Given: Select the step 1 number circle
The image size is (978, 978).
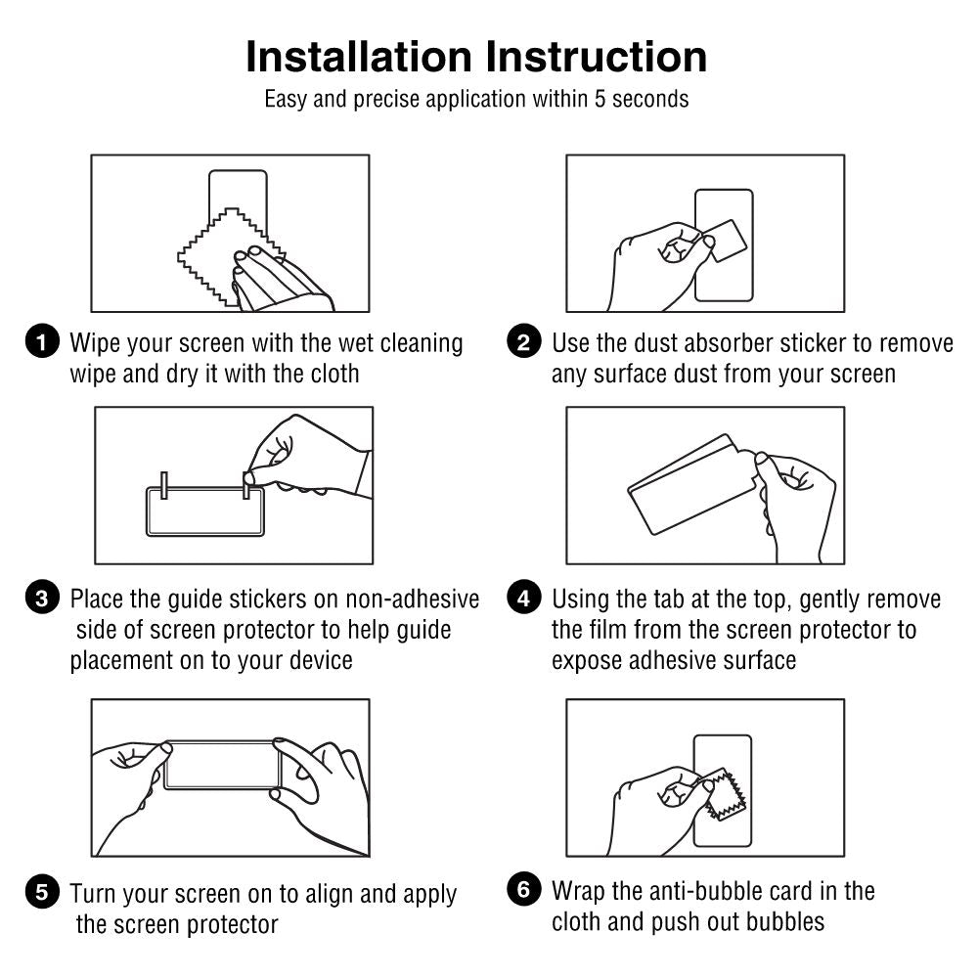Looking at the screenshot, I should pyautogui.click(x=40, y=343).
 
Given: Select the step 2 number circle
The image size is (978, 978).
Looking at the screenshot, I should pyautogui.click(x=524, y=343).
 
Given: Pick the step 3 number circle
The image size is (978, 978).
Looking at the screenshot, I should pyautogui.click(x=40, y=599).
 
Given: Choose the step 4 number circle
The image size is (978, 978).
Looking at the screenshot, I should pyautogui.click(x=524, y=599).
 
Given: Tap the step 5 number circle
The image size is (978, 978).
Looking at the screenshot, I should pyautogui.click(x=40, y=892).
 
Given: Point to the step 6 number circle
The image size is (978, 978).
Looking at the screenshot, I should pyautogui.click(x=524, y=890).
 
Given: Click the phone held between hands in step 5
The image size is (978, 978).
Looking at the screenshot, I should pyautogui.click(x=221, y=765).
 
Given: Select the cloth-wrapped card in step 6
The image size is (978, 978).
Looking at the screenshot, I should pyautogui.click(x=728, y=792).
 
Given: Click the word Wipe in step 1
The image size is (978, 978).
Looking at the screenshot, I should pyautogui.click(x=95, y=343).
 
